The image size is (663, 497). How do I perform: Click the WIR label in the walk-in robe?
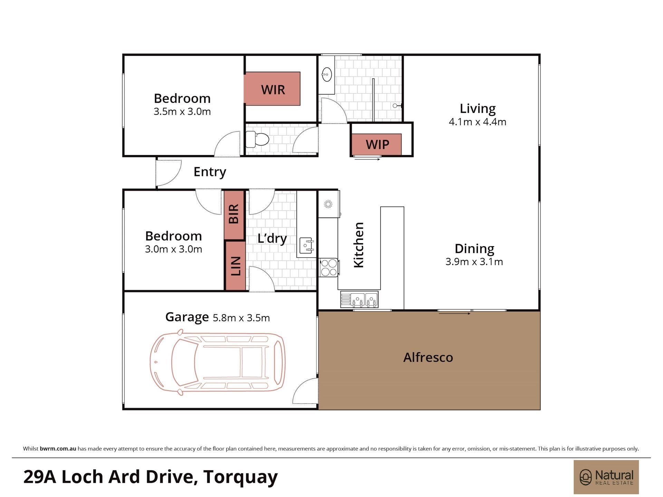click(273, 90)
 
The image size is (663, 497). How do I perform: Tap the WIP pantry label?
click(377, 144)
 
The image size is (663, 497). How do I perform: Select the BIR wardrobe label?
click(234, 214)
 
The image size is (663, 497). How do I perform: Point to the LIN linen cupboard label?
click(236, 266)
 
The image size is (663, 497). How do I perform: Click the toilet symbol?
click(257, 139)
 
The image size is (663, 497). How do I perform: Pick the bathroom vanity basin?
click(326, 74)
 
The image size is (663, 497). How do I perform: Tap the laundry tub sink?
click(306, 245)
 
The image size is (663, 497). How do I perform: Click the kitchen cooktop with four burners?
click(329, 267)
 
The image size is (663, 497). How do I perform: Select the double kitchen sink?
click(359, 299)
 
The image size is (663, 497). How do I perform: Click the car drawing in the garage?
click(218, 362)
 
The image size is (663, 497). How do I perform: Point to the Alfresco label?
click(428, 357)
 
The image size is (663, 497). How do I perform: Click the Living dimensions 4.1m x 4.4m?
click(478, 122)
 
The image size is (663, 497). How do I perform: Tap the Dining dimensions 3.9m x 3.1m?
click(474, 262)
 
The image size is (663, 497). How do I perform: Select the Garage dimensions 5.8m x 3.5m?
click(241, 318)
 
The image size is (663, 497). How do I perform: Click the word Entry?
click(210, 172)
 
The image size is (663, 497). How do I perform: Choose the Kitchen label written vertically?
click(359, 245)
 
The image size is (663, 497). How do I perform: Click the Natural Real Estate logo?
click(606, 477)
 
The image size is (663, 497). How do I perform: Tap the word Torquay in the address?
click(241, 477)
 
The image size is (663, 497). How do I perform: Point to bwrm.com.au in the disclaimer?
click(58, 449)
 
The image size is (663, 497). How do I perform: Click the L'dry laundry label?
click(272, 238)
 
